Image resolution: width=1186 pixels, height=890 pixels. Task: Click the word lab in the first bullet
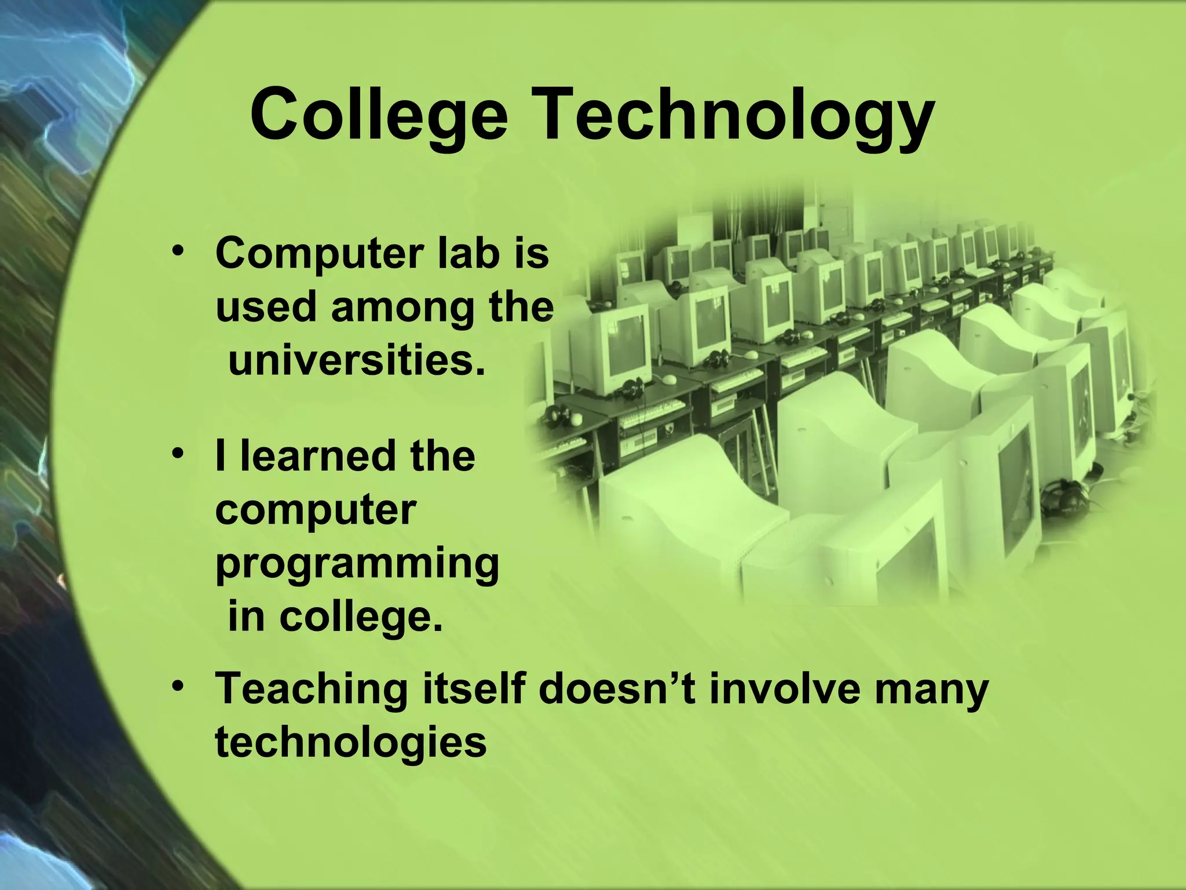click(x=468, y=253)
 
